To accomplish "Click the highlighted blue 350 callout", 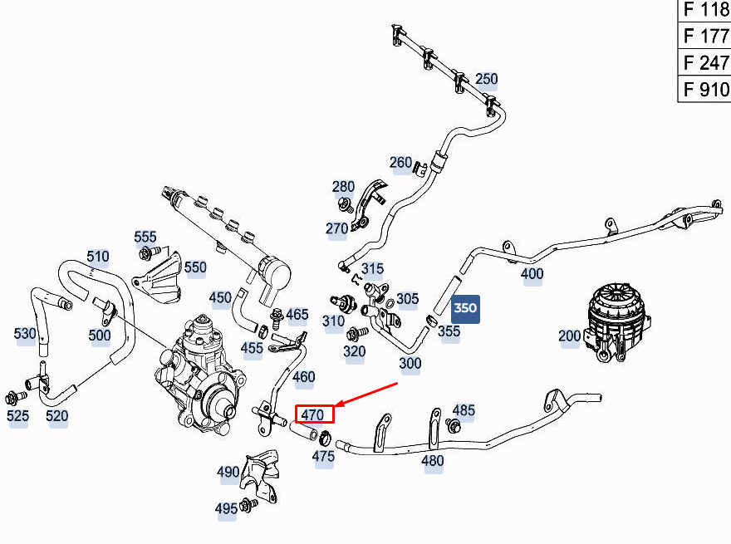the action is [465, 309].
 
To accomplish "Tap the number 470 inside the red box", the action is [312, 414].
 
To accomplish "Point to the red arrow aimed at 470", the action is [366, 395].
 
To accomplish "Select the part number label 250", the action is [486, 79].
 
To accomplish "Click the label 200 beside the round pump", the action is [569, 336].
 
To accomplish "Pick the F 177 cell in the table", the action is [704, 36].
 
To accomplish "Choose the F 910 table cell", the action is [704, 89].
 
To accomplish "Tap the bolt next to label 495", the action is [248, 505].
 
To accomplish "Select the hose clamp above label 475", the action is [325, 437].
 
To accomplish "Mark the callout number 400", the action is [532, 273].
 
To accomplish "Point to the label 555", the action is [145, 237].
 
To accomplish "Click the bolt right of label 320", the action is [357, 333].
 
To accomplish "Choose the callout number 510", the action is [98, 257].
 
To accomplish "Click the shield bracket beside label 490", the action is [261, 475].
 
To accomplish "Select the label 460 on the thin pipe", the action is [303, 377].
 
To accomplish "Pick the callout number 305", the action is [408, 298].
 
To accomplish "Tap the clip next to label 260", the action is [420, 169].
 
